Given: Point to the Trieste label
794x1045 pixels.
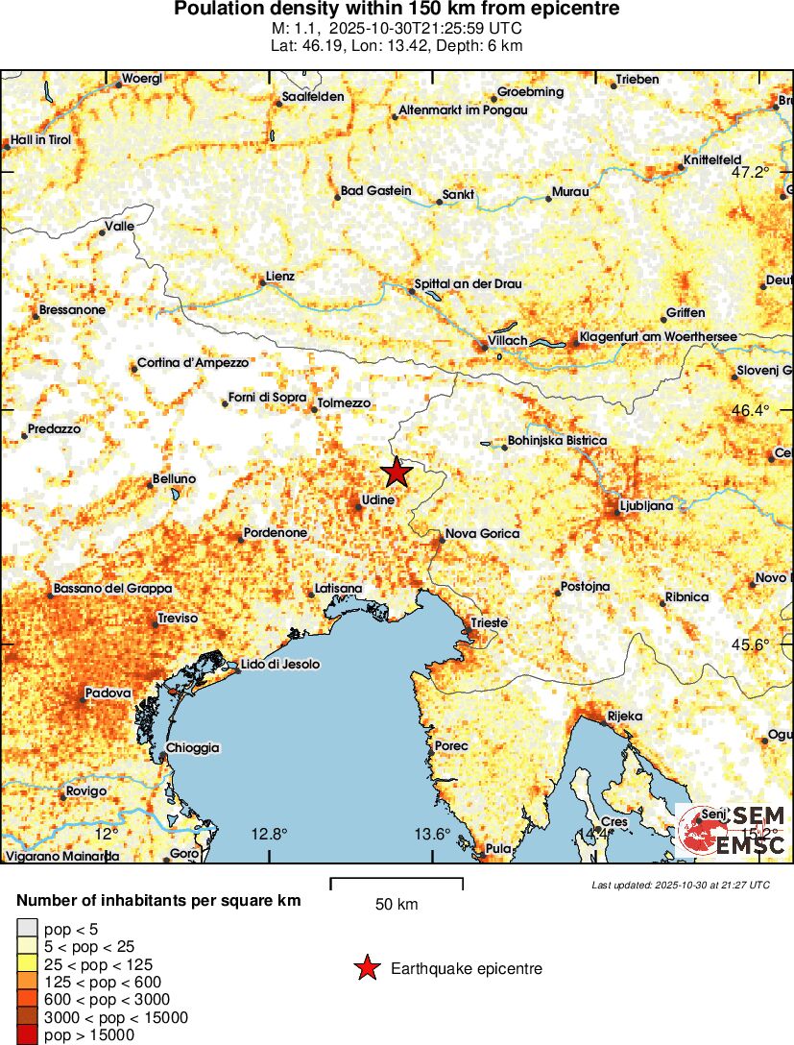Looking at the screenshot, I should click(x=489, y=623).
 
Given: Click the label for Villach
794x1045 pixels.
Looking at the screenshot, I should click(x=508, y=341).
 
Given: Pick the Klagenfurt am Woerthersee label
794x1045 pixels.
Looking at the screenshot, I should click(x=657, y=337).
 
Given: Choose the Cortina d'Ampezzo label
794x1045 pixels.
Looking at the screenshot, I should click(x=193, y=363).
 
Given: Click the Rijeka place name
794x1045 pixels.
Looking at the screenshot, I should click(x=624, y=717).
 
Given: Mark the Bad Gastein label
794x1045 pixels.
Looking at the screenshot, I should click(x=376, y=192).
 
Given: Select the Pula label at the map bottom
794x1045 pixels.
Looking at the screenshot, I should click(x=499, y=848).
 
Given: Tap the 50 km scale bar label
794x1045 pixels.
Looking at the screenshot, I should click(x=396, y=905).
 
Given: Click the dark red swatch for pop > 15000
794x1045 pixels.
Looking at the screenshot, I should click(x=27, y=1035).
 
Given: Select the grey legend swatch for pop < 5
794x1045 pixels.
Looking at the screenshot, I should click(x=27, y=929).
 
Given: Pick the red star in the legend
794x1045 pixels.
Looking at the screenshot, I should click(x=367, y=969).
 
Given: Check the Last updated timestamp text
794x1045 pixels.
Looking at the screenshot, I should click(x=680, y=885).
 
